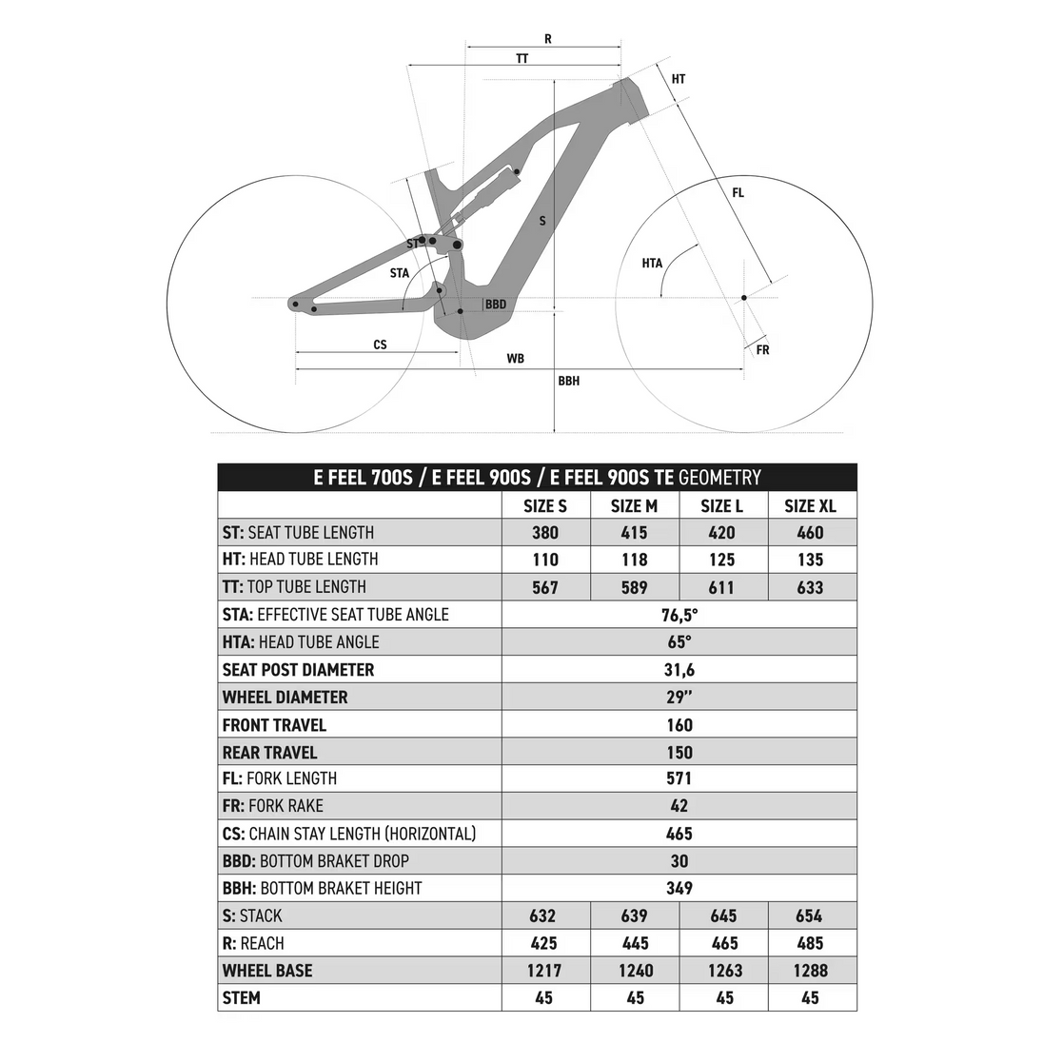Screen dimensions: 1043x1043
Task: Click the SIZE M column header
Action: (x=634, y=505)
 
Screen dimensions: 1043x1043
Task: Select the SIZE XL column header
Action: (x=811, y=505)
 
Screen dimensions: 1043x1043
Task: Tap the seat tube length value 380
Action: (x=545, y=533)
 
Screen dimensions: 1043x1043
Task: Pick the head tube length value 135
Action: (x=811, y=561)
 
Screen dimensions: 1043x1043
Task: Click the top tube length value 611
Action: (x=721, y=587)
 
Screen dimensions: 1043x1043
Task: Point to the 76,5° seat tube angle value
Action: (x=679, y=615)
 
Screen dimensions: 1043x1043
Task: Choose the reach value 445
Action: (x=634, y=943)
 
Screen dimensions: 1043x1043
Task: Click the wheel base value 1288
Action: (x=811, y=971)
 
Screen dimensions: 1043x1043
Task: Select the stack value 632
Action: (x=545, y=915)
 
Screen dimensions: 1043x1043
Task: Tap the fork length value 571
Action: (x=679, y=778)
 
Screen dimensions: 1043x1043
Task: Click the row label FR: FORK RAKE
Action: (x=273, y=806)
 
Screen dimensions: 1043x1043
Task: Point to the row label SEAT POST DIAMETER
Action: (x=298, y=670)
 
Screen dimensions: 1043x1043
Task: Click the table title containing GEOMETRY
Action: (x=537, y=477)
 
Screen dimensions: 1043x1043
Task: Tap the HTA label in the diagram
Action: (x=652, y=264)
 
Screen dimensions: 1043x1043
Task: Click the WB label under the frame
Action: (x=515, y=359)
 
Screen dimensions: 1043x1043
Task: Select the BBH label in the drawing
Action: (x=568, y=381)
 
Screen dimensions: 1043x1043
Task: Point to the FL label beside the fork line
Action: (x=738, y=193)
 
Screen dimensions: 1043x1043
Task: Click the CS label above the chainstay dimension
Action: (x=380, y=344)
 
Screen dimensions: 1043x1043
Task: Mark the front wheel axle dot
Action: (x=744, y=298)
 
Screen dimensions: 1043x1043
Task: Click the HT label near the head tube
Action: (x=679, y=79)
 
